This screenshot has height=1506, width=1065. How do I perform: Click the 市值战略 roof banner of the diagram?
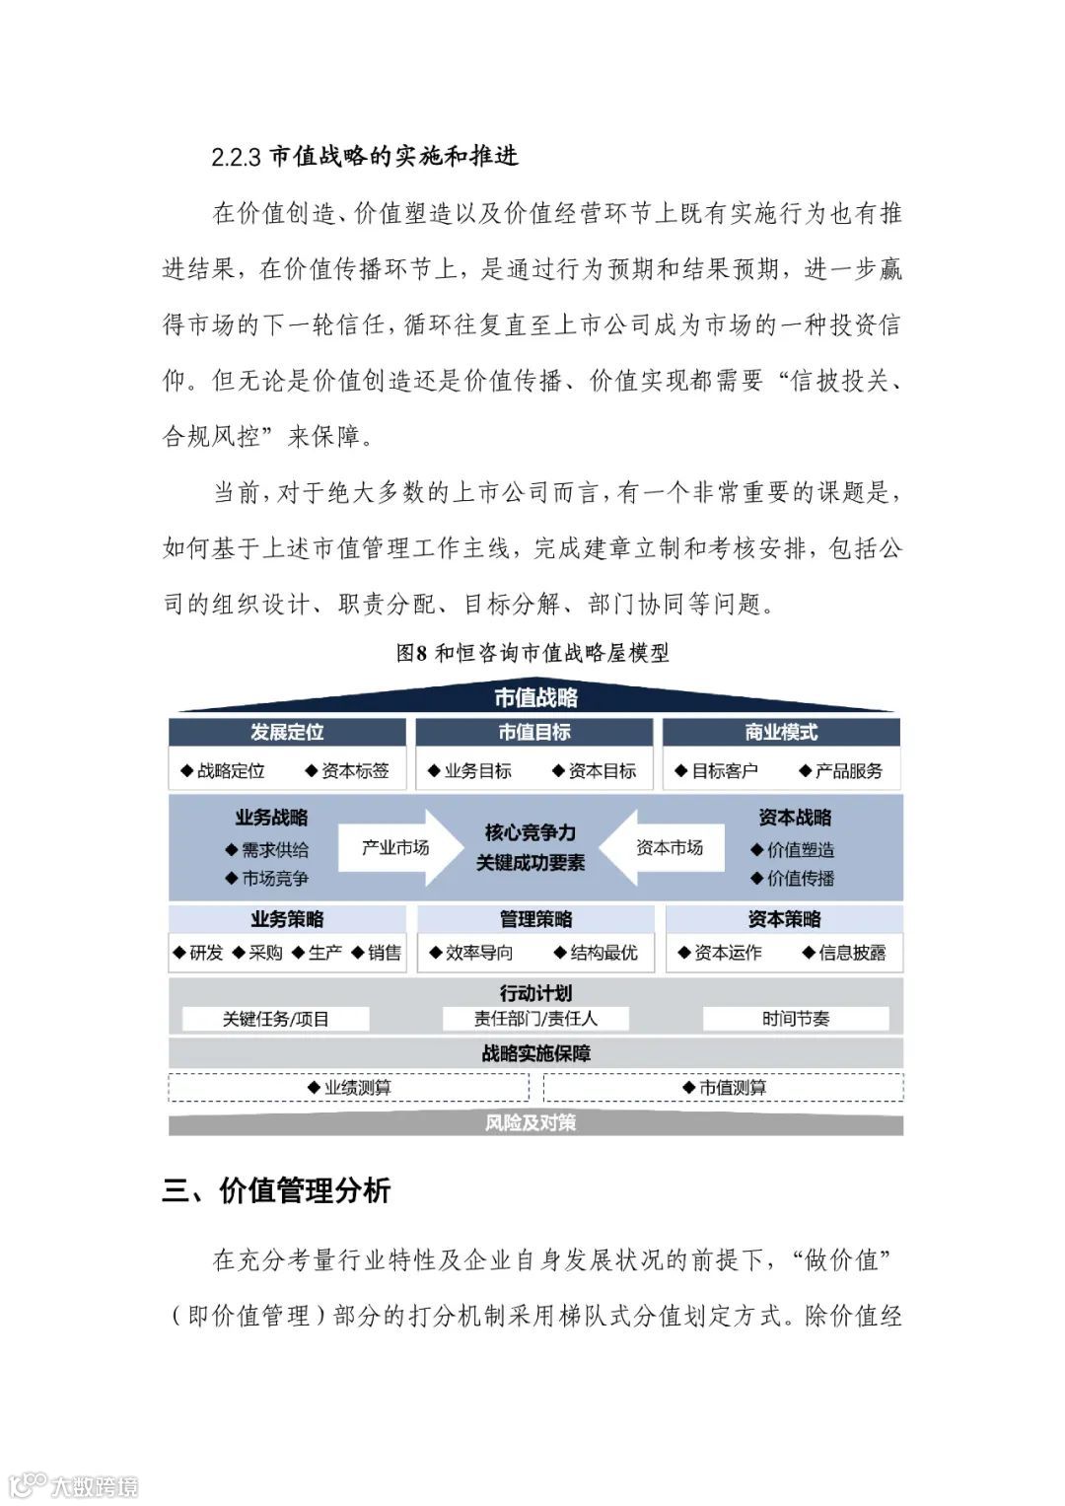[535, 697]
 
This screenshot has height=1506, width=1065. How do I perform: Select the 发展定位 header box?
[287, 732]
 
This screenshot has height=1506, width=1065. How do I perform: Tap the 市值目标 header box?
[533, 732]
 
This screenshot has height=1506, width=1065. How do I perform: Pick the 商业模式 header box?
[781, 732]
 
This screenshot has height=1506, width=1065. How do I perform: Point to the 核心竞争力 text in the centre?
[531, 832]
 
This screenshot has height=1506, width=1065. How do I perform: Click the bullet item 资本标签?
[355, 770]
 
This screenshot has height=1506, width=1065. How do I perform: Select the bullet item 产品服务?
[848, 770]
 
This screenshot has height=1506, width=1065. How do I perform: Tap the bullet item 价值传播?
[800, 878]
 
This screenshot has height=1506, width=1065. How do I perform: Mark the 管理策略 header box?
[535, 919]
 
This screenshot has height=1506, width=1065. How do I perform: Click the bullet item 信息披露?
[851, 953]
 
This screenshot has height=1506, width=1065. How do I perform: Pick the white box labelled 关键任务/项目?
[276, 1019]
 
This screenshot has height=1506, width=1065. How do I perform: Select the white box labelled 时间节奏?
[796, 1019]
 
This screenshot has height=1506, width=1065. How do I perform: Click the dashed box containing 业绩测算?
[349, 1087]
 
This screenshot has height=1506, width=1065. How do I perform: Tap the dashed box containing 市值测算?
[723, 1087]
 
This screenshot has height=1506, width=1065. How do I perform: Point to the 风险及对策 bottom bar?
[531, 1123]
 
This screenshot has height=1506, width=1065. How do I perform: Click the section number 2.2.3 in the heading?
[236, 157]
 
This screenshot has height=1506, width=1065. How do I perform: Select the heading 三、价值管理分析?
[277, 1190]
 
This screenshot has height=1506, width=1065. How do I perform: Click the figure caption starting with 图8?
[532, 653]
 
